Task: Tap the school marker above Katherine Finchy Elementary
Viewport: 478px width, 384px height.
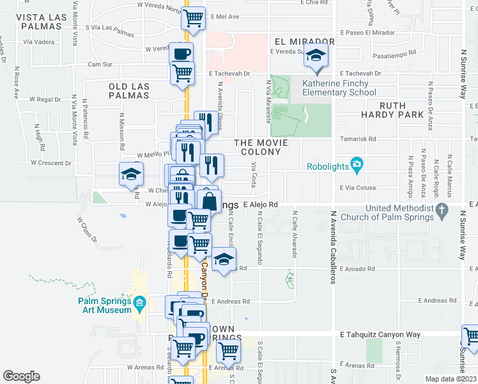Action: click(x=315, y=56)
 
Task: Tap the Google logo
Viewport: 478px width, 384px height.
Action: click(x=21, y=376)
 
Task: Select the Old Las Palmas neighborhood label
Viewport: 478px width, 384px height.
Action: click(x=129, y=91)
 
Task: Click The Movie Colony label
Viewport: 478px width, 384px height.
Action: click(x=258, y=147)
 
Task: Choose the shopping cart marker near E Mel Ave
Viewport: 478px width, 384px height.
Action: click(x=193, y=19)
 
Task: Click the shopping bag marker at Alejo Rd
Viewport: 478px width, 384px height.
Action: click(x=209, y=202)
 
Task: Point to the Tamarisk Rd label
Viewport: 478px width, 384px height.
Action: click(x=367, y=138)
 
